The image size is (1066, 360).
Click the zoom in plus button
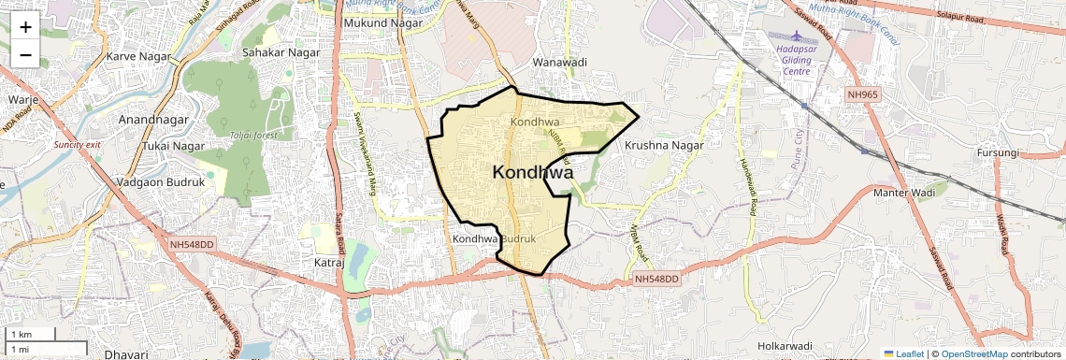(25, 26)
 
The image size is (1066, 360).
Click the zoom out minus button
(25, 54)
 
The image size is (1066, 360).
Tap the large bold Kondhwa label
(532, 173)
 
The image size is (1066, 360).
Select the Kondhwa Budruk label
(494, 239)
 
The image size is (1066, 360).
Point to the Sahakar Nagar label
(276, 53)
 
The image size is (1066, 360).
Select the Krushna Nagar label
(663, 146)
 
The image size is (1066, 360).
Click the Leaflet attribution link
(904, 353)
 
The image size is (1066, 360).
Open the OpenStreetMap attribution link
(973, 353)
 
